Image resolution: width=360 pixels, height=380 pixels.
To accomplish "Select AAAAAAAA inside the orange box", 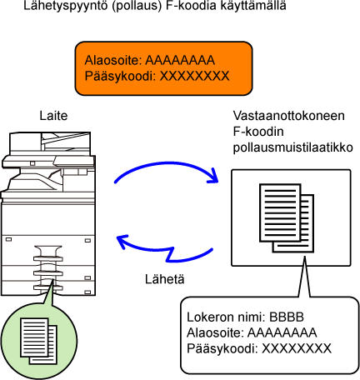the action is tap(180, 60).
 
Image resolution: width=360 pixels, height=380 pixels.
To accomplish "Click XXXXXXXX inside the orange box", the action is tap(194, 76).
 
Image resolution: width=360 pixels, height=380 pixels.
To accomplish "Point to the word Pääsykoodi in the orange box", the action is tap(120, 77).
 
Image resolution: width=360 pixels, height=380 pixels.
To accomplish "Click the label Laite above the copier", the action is tap(53, 116).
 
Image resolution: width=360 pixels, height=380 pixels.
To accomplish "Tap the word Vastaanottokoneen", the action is tap(288, 116).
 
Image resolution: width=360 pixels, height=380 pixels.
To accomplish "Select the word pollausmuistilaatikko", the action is tap(292, 148).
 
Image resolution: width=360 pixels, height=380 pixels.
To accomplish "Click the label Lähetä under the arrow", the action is tap(165, 279).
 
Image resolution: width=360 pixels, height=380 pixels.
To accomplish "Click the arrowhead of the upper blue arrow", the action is tap(213, 177).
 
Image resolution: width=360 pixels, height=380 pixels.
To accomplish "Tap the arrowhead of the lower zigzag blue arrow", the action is tap(122, 241).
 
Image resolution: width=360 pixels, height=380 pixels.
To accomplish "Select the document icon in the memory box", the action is tap(287, 218).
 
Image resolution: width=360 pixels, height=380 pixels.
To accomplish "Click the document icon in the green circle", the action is tap(38, 341).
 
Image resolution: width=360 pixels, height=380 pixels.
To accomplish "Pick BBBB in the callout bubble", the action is tap(287, 317).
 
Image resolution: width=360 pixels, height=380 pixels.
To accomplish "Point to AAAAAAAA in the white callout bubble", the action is tap(282, 332).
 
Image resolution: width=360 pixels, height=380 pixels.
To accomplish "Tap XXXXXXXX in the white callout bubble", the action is tap(297, 348).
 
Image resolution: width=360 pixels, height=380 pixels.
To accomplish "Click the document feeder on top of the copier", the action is tap(50, 142).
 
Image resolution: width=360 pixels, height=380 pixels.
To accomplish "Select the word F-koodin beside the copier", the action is tap(258, 132).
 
